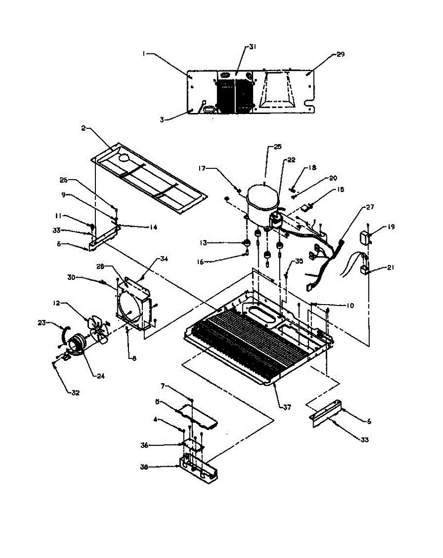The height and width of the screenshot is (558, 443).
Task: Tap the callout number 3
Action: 162,119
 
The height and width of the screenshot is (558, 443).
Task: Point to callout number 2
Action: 83,128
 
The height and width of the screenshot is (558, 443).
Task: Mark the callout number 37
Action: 287,407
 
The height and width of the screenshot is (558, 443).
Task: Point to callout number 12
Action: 56,303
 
